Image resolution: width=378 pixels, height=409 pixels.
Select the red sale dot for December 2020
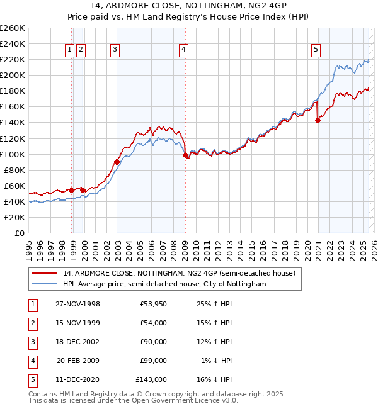pos(318,121)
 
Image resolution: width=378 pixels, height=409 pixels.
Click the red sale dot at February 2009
pos(185,155)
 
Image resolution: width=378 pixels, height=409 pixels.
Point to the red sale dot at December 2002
pos(117,162)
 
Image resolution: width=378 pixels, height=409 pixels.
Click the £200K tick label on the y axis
pos(13,75)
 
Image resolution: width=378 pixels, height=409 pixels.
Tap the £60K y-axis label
pos(15,186)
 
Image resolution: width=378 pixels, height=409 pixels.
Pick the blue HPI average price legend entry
pos(164,284)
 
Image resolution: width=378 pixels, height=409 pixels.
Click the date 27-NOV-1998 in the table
pos(77,304)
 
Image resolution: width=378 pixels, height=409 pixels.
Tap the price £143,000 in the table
pos(151,379)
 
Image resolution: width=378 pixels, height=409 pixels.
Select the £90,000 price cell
pos(153,342)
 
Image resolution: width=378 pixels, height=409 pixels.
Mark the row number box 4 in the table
pos(32,361)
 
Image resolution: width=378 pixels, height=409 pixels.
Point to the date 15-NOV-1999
pos(77,323)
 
